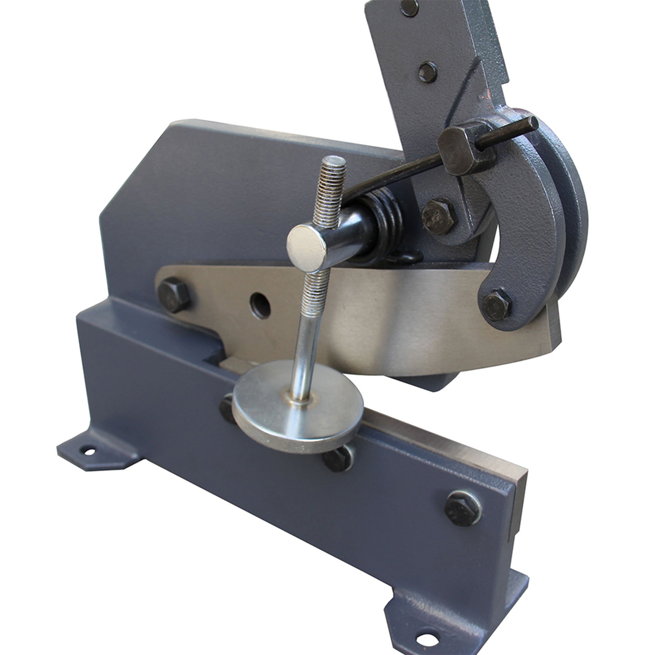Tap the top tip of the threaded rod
(x=333, y=161)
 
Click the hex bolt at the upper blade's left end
(x=174, y=295)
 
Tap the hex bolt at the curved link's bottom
(x=495, y=305)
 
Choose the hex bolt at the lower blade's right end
(x=463, y=508)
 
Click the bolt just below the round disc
(x=338, y=458)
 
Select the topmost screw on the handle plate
(x=410, y=8)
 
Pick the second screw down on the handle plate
(x=428, y=72)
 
